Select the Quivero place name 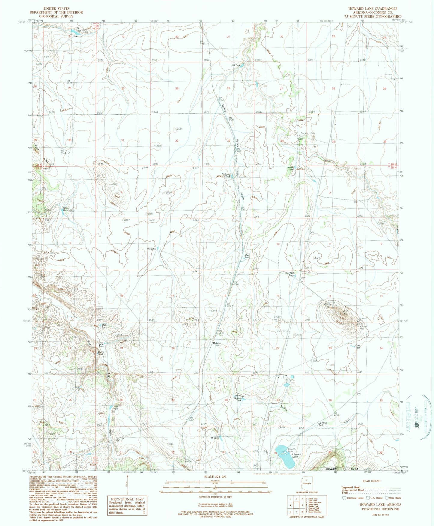[x=217, y=343]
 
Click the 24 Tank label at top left [x=78, y=30]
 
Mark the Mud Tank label [x=247, y=257]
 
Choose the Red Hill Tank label [x=290, y=274]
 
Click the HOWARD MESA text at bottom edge [x=342, y=469]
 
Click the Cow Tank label [x=358, y=347]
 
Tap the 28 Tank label [x=236, y=65]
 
